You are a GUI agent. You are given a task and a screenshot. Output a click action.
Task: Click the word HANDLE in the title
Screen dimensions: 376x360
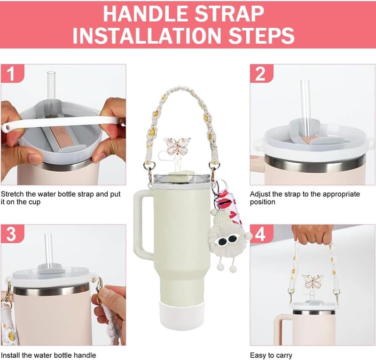(146, 14)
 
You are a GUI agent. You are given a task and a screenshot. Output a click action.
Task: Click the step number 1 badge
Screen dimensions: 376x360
(12, 73)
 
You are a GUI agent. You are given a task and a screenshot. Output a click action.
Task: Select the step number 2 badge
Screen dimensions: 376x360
(261, 73)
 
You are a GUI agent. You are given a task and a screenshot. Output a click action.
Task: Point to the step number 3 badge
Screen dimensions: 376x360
(12, 234)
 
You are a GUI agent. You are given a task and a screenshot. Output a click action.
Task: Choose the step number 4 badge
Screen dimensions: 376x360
(261, 234)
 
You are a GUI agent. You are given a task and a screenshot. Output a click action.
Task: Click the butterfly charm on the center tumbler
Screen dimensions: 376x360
(177, 146)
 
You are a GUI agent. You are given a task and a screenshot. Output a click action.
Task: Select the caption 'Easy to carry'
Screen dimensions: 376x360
(271, 355)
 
